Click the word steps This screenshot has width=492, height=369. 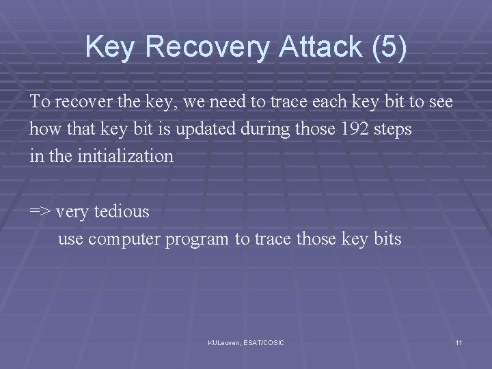[392, 129]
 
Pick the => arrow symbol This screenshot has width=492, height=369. [40, 212]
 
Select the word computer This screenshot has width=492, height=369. [119, 239]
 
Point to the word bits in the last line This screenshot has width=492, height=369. [386, 239]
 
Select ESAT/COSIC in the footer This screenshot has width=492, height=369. [263, 342]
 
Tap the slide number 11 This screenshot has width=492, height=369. [459, 342]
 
